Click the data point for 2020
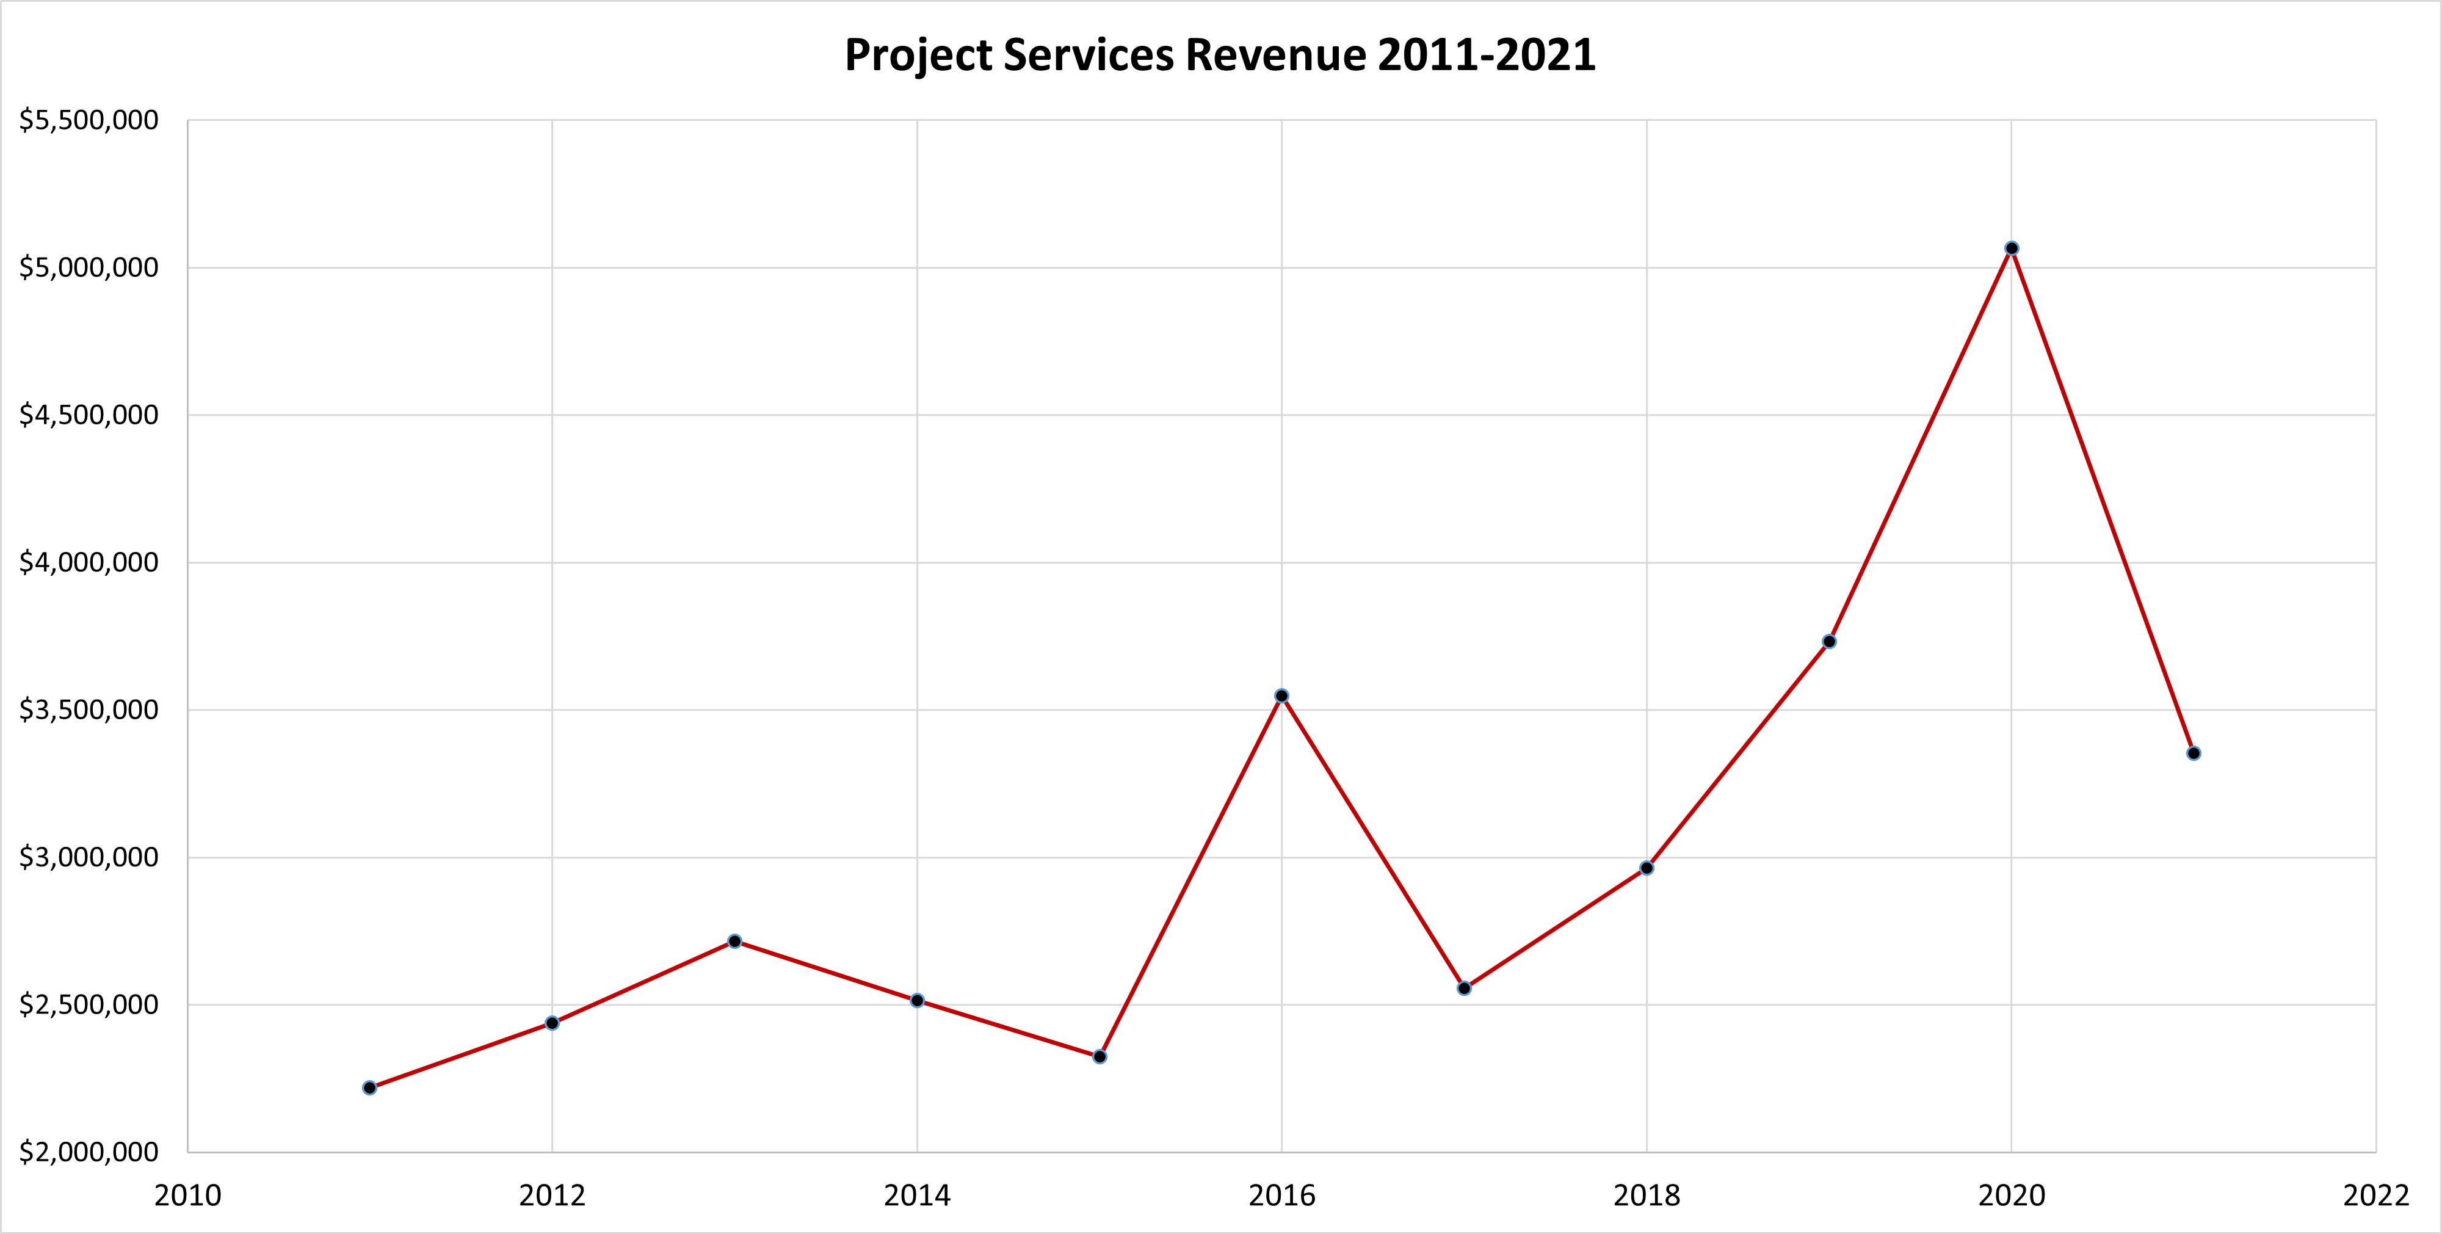(2012, 249)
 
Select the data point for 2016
(1281, 695)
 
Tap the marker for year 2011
(370, 1088)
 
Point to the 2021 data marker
(2194, 753)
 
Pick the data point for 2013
(734, 941)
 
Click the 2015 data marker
(1100, 1057)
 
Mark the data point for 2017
(1465, 989)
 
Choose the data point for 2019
(1830, 642)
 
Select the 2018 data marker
(1647, 868)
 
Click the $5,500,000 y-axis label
(89, 120)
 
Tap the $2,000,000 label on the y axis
(89, 1153)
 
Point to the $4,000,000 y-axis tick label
(89, 563)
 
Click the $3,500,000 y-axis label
(89, 710)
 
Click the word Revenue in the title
(1276, 55)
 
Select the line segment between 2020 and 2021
(2103, 501)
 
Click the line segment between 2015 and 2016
(1190, 877)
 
